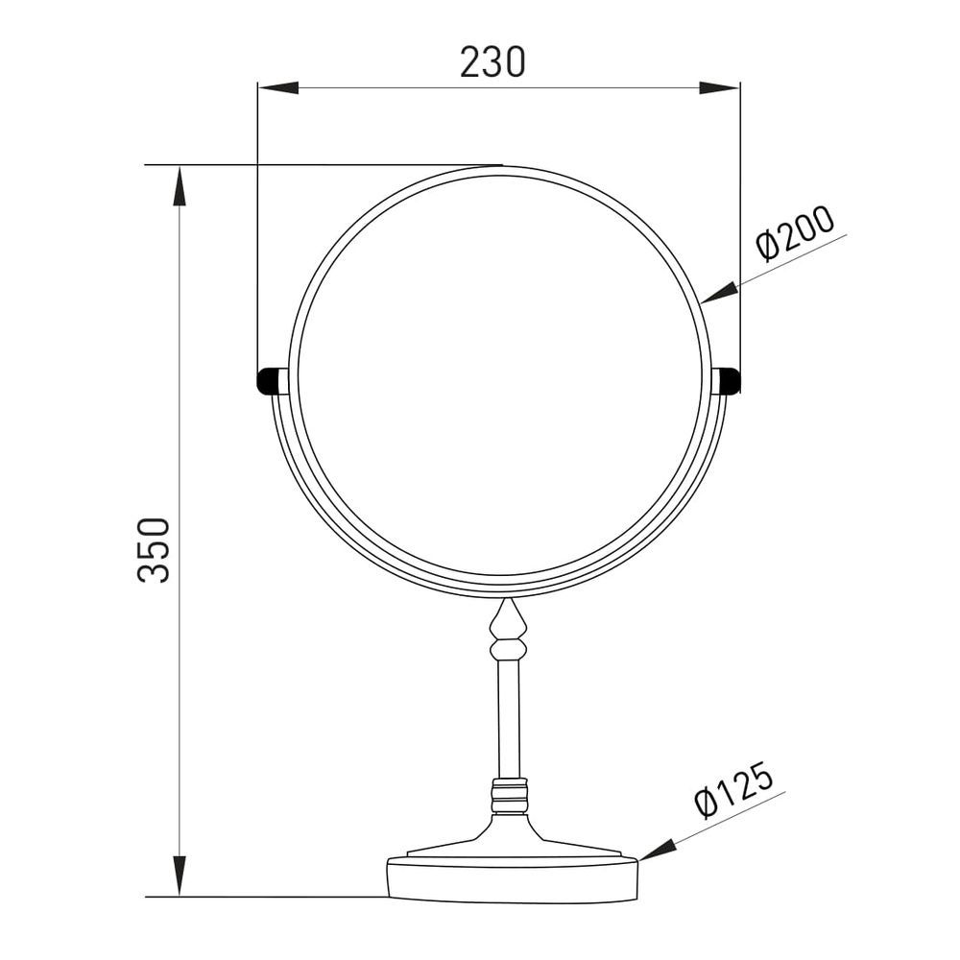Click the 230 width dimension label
pos(492,62)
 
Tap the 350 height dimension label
pos(153,550)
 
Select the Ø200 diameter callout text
pos(795,233)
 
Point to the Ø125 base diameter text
pos(734,790)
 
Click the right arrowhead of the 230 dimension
pos(719,87)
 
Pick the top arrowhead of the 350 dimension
pos(180,186)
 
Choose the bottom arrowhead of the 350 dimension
pos(180,876)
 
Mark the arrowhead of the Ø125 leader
pos(657,851)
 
